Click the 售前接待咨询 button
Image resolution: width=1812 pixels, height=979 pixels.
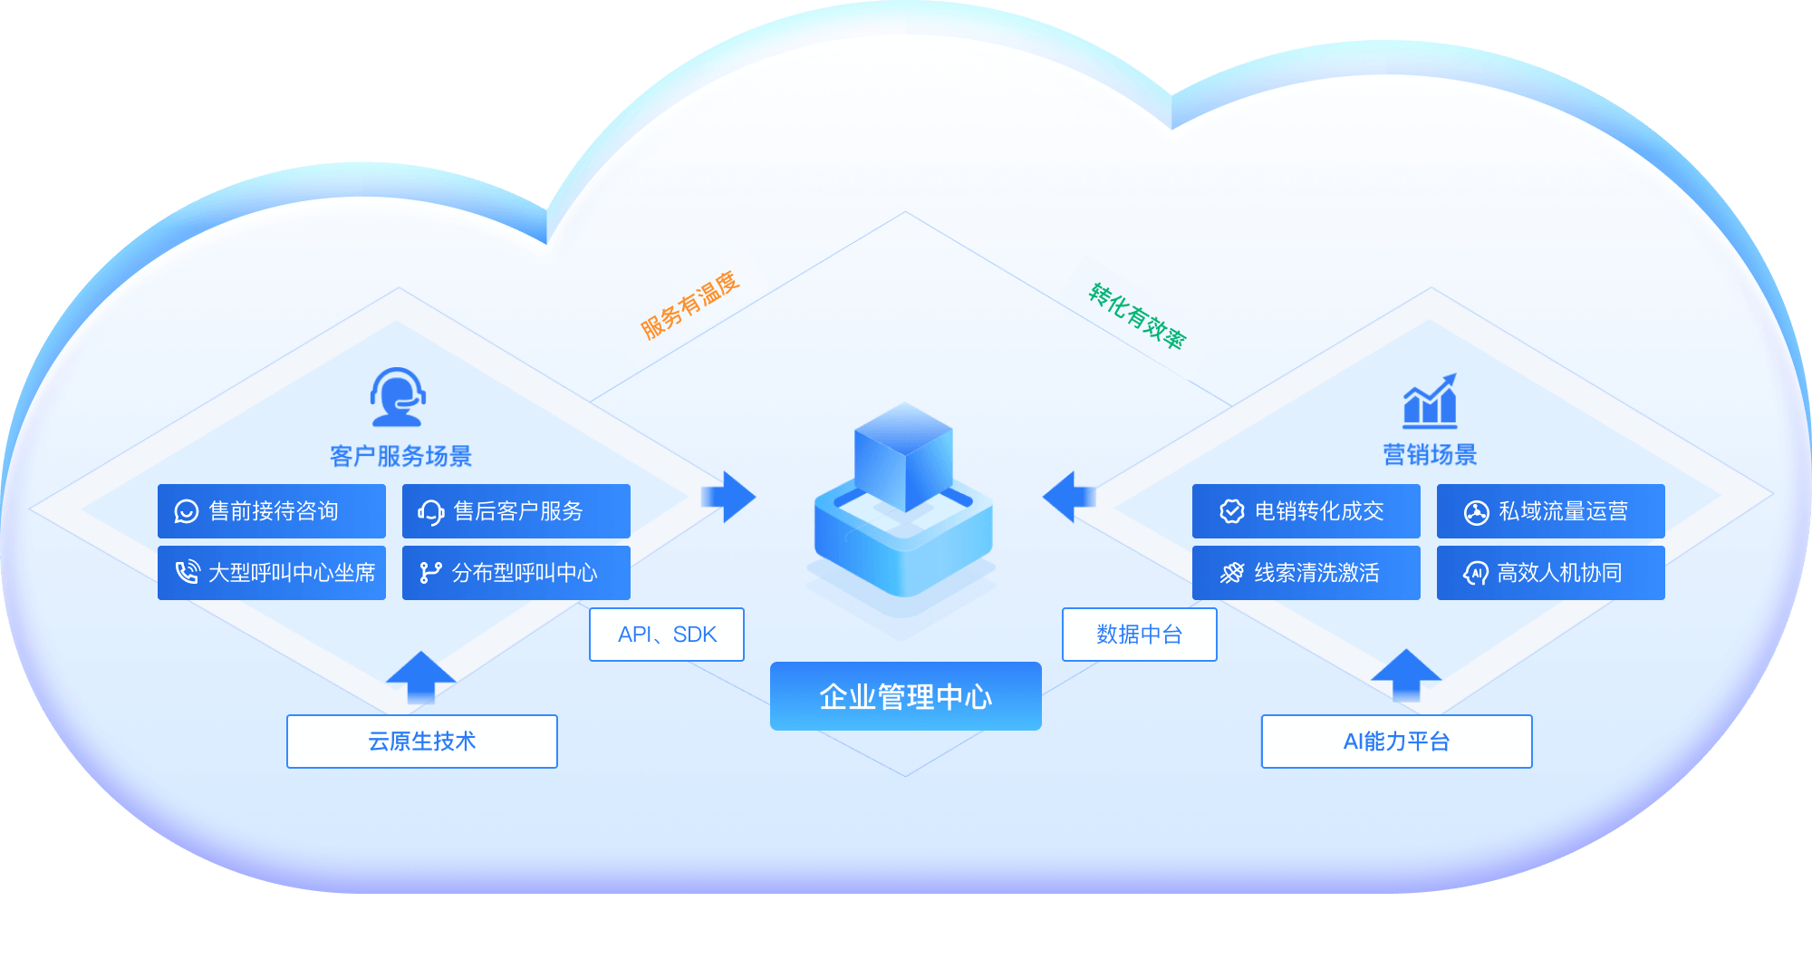pos(272,511)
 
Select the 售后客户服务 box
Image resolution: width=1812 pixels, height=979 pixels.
pos(516,511)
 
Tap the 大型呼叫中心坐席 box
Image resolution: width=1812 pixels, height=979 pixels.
pos(272,573)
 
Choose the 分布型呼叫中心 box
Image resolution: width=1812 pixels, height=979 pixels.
pos(516,573)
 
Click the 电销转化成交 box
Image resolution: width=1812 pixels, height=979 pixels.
pos(1306,511)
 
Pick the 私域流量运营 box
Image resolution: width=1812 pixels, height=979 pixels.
pos(1551,511)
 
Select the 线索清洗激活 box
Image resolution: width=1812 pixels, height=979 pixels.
pos(1306,573)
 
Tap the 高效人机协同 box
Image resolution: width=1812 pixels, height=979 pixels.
pos(1551,573)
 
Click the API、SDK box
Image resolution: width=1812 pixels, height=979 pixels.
pos(667,635)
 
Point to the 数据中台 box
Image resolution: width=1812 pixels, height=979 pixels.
pos(1140,635)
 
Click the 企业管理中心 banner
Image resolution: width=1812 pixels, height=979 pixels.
pos(906,696)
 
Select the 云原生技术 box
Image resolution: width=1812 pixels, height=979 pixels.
pos(422,742)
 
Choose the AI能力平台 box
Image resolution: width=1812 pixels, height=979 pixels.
pos(1397,742)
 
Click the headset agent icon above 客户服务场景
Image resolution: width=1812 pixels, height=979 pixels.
pos(398,397)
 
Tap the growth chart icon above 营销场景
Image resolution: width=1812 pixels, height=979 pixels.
pos(1431,401)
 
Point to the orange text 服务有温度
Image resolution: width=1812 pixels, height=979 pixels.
pos(690,305)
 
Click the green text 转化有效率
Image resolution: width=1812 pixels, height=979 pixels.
pos(1137,315)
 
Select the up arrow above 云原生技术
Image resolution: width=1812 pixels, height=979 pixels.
pos(420,676)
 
